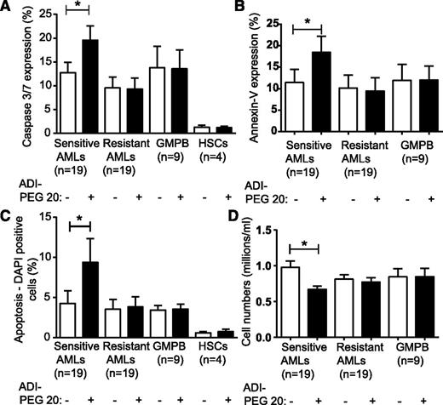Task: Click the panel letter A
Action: point(7,7)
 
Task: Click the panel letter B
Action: point(237,7)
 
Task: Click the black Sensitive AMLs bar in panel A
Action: point(89,85)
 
